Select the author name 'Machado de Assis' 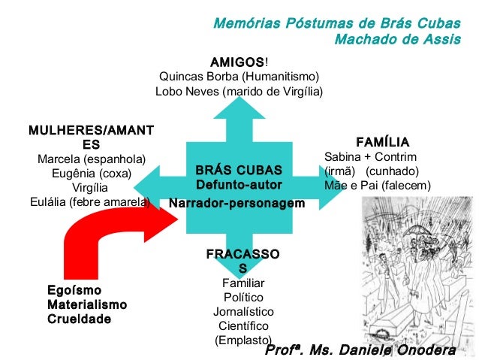coord(397,38)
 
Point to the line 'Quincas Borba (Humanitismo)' coord(239,77)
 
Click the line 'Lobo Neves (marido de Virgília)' coord(239,92)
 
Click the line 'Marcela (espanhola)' coord(92,159)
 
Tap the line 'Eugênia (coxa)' coord(92,174)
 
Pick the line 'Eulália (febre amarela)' coord(90,201)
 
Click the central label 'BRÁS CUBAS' coord(238,170)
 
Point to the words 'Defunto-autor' coord(238,185)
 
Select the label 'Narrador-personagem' coord(237,204)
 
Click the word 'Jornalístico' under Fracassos coord(243,311)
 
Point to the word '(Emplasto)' coord(243,340)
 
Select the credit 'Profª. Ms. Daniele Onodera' coord(360,351)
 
